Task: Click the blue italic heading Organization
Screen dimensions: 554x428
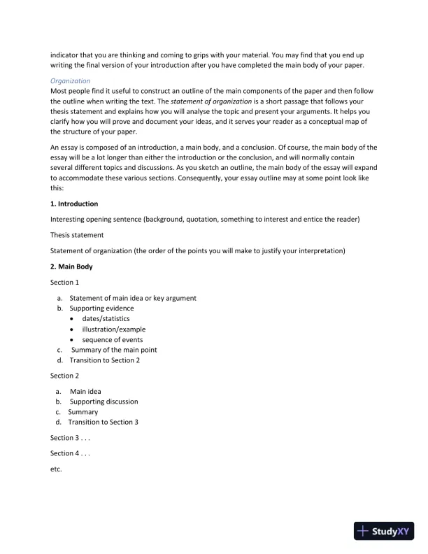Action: pos(70,80)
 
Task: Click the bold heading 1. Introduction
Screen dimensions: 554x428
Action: pos(74,204)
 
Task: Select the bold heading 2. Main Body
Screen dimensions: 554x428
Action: pos(72,267)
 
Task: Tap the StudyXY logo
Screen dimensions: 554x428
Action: pos(384,531)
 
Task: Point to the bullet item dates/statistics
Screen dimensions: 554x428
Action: pos(106,318)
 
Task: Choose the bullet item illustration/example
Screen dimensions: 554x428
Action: pos(113,329)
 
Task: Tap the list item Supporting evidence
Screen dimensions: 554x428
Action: pos(101,308)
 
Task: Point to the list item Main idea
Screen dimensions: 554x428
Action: pos(85,391)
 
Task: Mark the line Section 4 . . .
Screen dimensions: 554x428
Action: pos(70,453)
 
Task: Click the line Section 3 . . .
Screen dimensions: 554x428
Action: pos(70,438)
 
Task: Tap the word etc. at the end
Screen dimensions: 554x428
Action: pos(57,469)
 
